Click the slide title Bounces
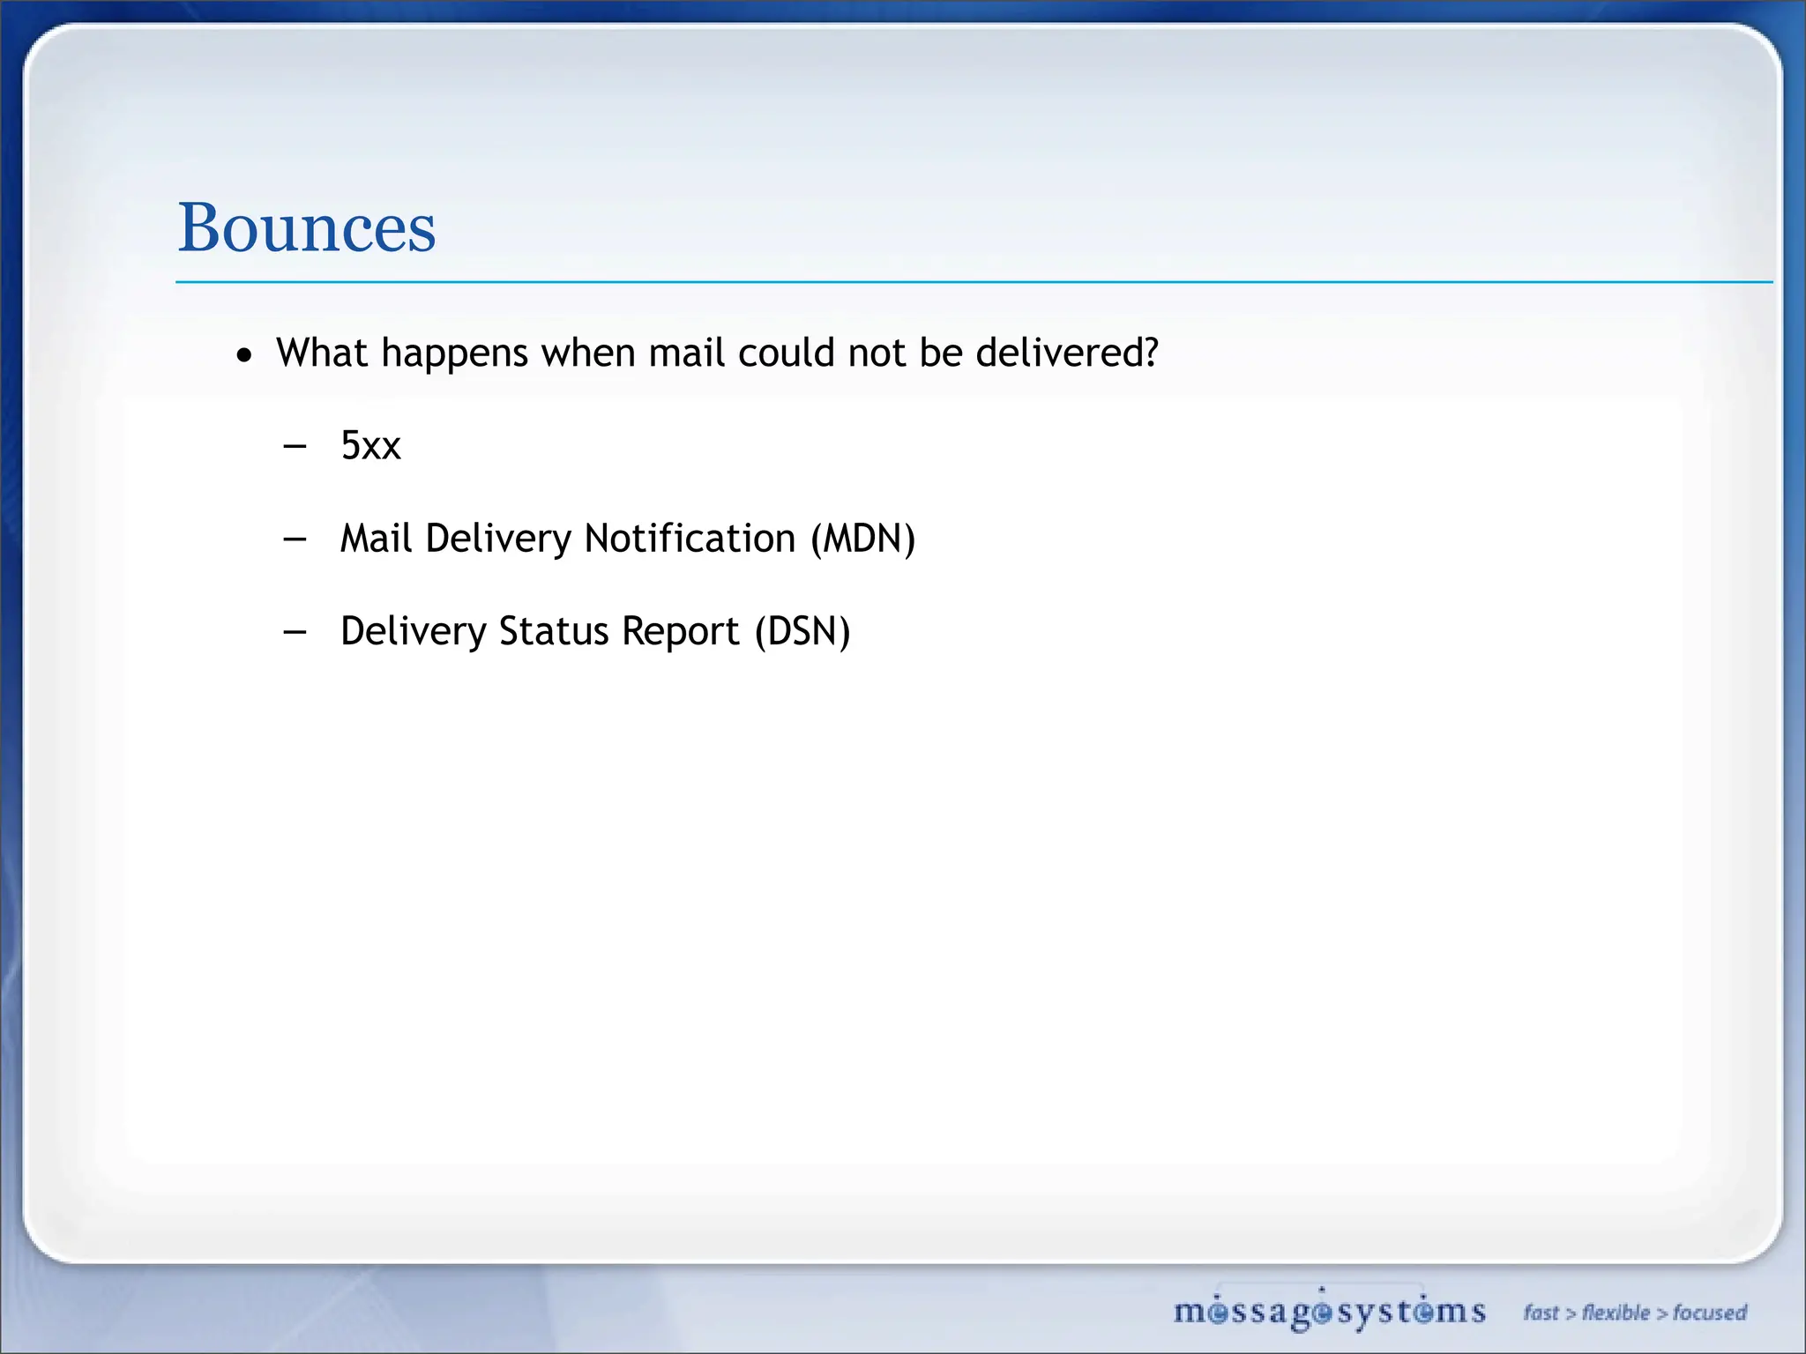pyautogui.click(x=307, y=227)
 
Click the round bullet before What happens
pyautogui.click(x=244, y=356)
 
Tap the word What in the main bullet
pyautogui.click(x=321, y=353)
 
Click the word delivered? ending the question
pyautogui.click(x=1067, y=353)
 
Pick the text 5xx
pyautogui.click(x=370, y=446)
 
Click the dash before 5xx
pyautogui.click(x=295, y=446)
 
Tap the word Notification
pyautogui.click(x=690, y=539)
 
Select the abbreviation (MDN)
pyautogui.click(x=863, y=539)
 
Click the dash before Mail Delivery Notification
pyautogui.click(x=295, y=539)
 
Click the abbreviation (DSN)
pyautogui.click(x=802, y=631)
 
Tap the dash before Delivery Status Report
pyautogui.click(x=295, y=631)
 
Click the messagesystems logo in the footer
pyautogui.click(x=1329, y=1312)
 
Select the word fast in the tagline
pyautogui.click(x=1541, y=1313)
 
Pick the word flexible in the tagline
pyautogui.click(x=1616, y=1313)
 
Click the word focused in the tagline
pyautogui.click(x=1710, y=1313)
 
